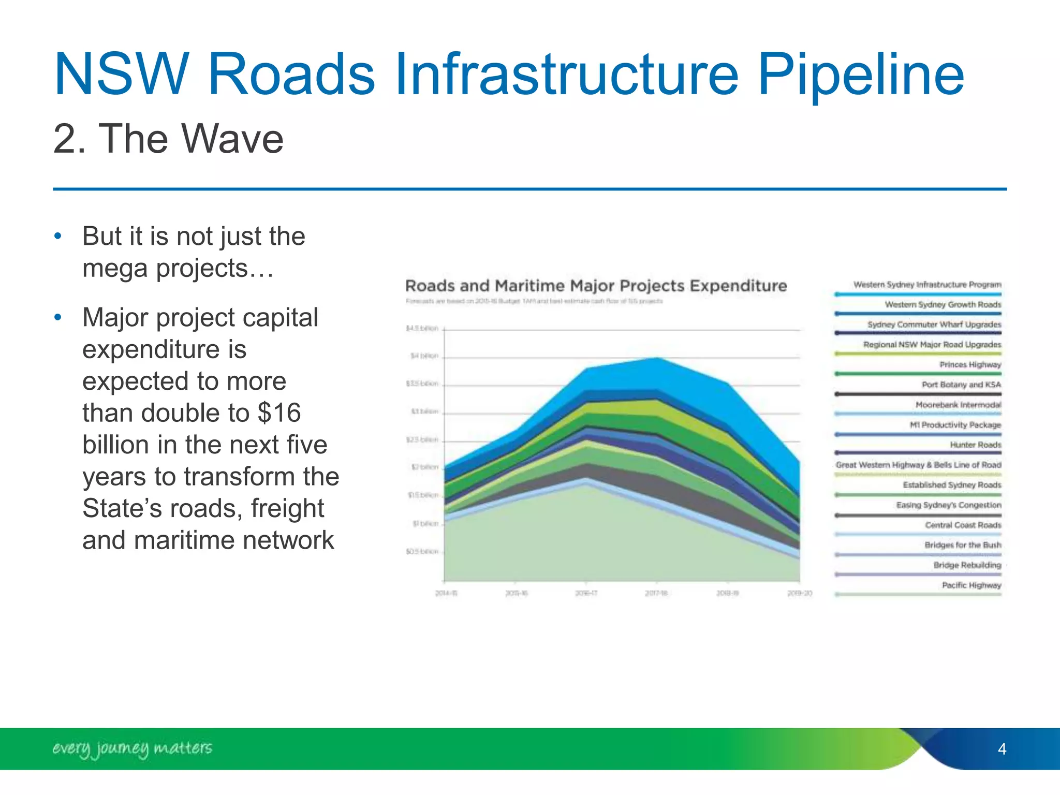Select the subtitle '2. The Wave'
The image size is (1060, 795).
pos(168,139)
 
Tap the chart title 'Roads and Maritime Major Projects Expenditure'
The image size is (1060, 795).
pos(595,286)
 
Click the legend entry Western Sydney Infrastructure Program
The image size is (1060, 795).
pos(926,285)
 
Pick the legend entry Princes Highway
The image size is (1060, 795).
pos(970,365)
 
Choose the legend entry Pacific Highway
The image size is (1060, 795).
pos(971,585)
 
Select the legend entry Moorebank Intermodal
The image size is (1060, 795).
pos(958,405)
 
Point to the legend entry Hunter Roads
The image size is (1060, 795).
pos(975,445)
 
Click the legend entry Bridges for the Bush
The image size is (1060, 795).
pos(962,545)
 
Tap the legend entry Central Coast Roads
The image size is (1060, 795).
pos(963,525)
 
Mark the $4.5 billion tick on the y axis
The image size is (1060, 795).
pos(422,329)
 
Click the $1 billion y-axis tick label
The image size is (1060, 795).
pos(425,524)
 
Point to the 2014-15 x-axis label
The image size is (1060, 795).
pos(446,593)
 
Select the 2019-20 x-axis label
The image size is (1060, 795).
pos(799,593)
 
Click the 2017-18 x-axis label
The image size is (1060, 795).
pos(656,593)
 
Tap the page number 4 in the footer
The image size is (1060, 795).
pos(1002,749)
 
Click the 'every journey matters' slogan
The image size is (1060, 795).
pos(132,748)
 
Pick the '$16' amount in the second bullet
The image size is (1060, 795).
pos(279,413)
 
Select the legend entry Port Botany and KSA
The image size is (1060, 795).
pos(961,385)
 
